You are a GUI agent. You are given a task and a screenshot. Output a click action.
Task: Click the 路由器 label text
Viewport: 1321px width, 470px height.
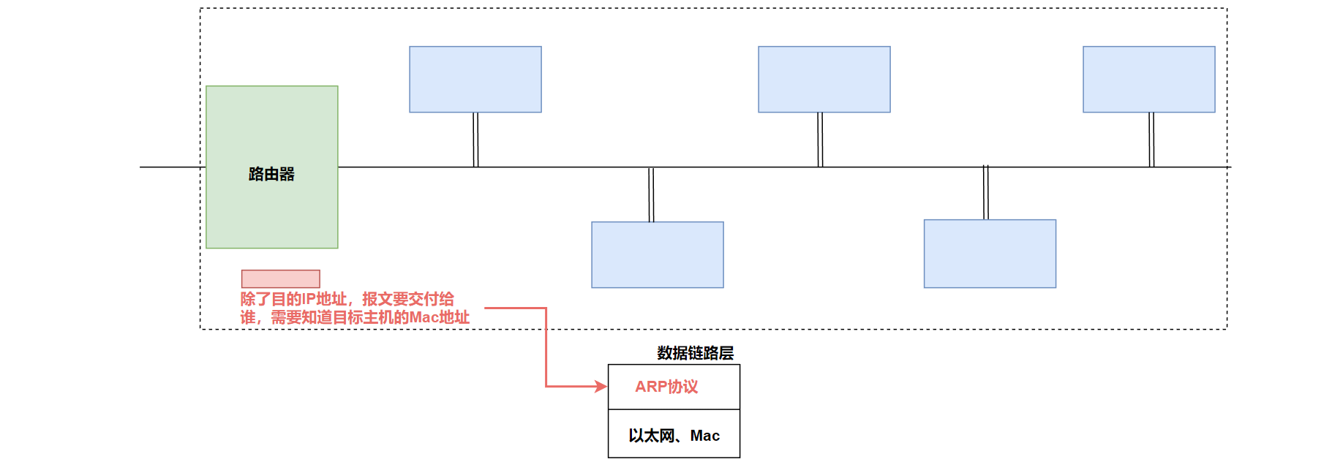[x=271, y=174]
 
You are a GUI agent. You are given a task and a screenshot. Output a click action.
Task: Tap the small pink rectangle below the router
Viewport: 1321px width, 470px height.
[x=281, y=278]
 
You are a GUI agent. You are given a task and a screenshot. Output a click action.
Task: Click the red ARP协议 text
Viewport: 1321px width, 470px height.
[x=666, y=387]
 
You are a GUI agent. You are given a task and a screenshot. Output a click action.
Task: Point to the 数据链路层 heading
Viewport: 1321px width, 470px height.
[x=695, y=353]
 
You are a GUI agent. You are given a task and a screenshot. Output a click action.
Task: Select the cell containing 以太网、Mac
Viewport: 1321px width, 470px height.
[x=674, y=434]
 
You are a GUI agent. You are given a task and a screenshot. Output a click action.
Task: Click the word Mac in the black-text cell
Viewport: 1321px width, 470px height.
[x=705, y=436]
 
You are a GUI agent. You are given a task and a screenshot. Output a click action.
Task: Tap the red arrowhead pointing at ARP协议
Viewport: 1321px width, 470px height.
[x=602, y=387]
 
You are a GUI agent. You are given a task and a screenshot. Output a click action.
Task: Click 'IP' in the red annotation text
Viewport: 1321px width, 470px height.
[x=309, y=299]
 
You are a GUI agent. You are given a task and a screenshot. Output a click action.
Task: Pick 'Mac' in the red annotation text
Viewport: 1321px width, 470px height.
[x=424, y=317]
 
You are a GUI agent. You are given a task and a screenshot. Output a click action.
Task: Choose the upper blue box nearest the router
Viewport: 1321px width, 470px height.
[x=475, y=79]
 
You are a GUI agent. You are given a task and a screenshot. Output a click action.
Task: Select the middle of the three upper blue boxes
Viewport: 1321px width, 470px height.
[x=824, y=79]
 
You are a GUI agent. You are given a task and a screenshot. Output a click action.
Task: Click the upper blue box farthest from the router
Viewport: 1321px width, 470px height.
[x=1149, y=79]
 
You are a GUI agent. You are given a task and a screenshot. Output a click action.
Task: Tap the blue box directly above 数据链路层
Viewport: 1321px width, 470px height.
[x=658, y=254]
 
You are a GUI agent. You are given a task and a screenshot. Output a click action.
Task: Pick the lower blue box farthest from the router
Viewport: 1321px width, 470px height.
[x=990, y=254]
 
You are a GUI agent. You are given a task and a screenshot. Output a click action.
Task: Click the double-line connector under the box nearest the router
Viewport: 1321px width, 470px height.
[x=475, y=140]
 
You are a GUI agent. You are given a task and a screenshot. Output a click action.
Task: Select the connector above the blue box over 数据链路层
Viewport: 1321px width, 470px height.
[x=651, y=194]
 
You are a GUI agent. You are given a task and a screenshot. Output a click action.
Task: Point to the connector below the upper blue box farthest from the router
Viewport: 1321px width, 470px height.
[x=1151, y=140]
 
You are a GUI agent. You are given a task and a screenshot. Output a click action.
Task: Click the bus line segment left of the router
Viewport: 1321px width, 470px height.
[x=172, y=167]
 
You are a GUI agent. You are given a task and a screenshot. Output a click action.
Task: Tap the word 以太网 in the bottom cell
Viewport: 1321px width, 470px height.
[x=652, y=436]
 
